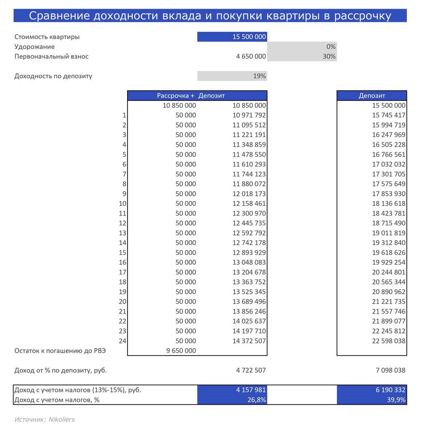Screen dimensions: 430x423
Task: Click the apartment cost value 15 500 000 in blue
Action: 249,37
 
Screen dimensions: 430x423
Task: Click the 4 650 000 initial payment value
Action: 251,56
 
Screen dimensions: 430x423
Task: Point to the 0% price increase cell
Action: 331,47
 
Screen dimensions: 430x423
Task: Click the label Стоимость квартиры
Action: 47,37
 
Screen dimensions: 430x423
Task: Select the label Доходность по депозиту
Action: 53,76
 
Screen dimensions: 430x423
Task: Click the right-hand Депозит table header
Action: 372,95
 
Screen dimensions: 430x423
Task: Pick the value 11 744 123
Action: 249,174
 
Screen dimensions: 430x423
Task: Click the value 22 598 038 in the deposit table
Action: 389,341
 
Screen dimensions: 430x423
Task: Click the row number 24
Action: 122,341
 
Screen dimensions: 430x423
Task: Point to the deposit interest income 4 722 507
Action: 251,370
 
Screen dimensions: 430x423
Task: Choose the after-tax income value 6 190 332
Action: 389,390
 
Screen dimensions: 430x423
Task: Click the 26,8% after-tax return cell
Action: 257,400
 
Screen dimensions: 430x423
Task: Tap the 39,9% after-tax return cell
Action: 397,400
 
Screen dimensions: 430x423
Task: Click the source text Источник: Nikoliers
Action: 44,420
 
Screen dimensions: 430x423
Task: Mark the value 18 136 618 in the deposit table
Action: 389,203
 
